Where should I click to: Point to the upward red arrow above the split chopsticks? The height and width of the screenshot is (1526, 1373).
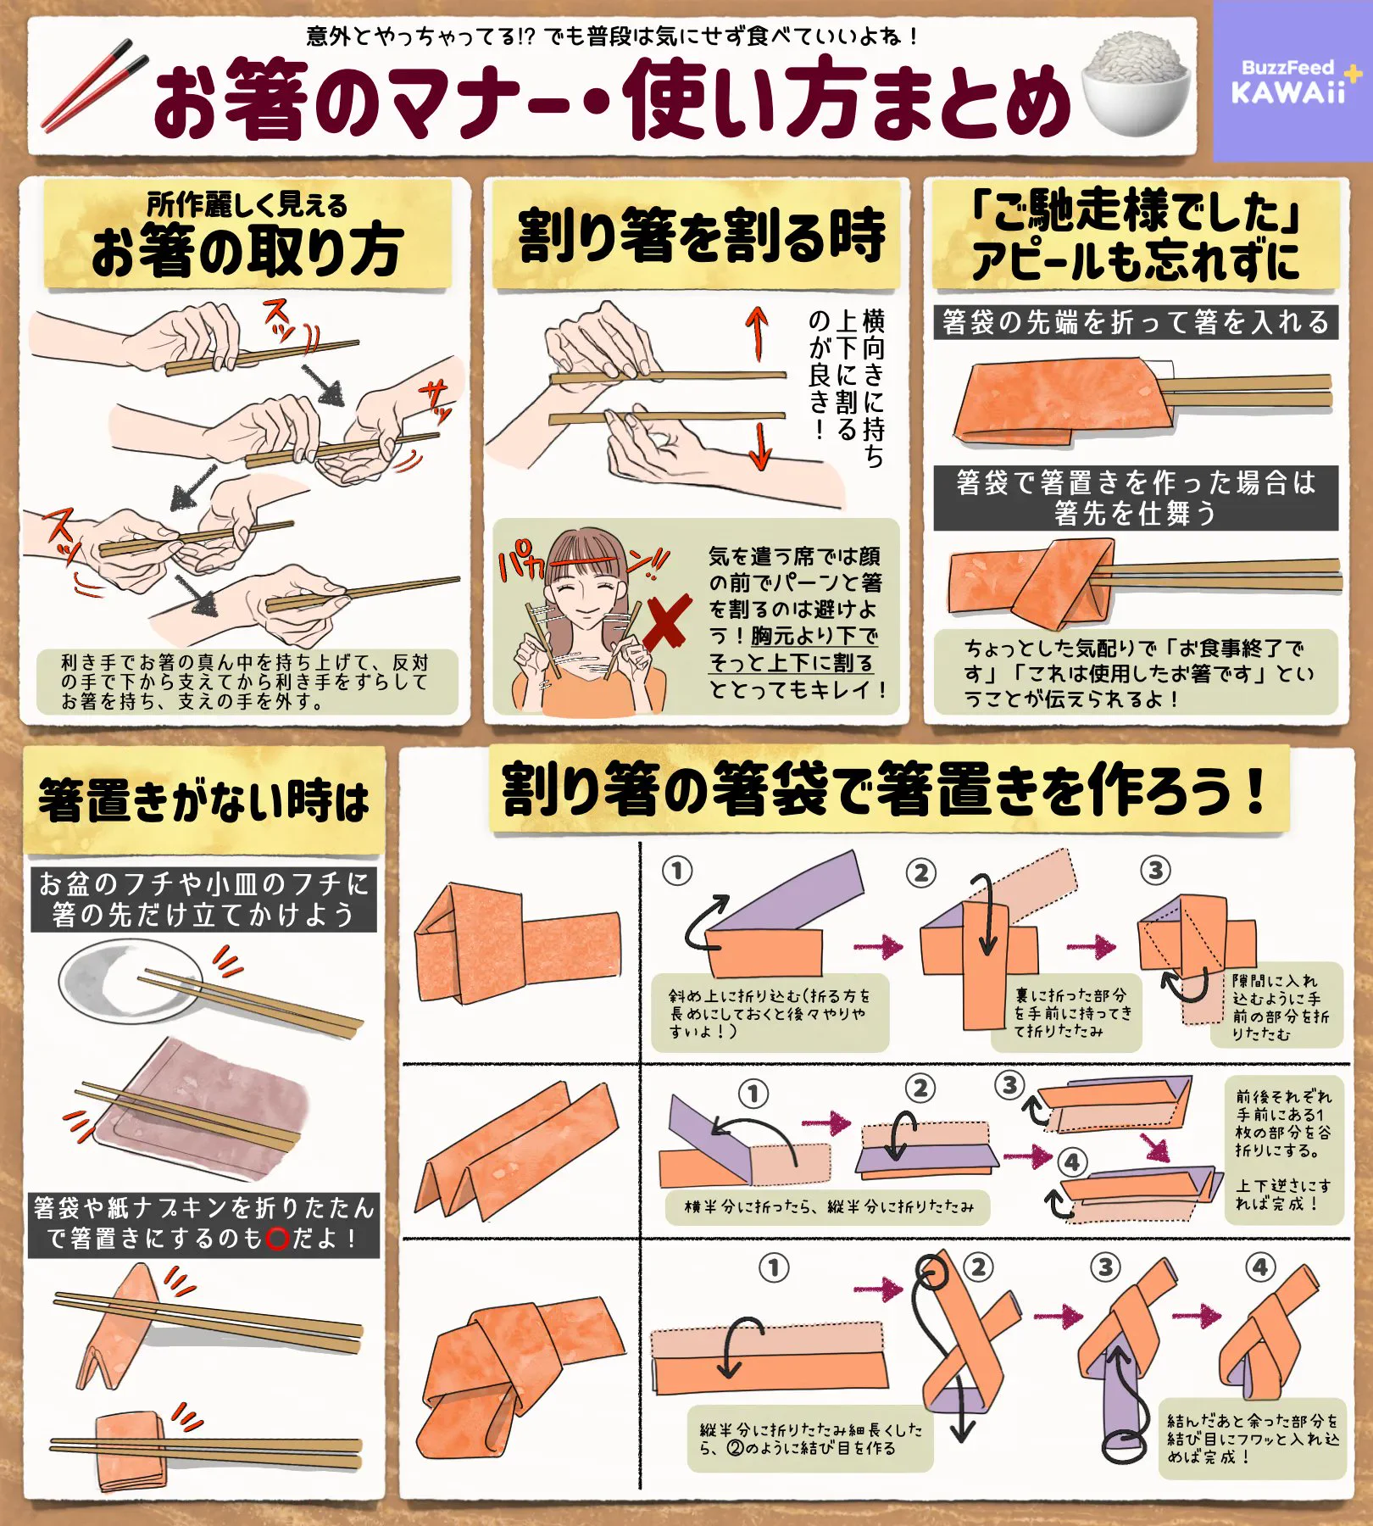[x=757, y=335]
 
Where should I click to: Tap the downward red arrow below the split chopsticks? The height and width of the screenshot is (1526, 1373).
[x=760, y=444]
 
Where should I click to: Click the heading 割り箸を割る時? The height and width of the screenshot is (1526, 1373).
[x=702, y=235]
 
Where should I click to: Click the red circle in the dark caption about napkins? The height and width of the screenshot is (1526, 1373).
[x=278, y=1239]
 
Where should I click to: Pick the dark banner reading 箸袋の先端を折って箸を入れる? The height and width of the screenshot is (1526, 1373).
[x=1136, y=322]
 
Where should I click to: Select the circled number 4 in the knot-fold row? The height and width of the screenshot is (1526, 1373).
[x=1260, y=1267]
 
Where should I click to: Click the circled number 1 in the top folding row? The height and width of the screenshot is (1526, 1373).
[x=677, y=871]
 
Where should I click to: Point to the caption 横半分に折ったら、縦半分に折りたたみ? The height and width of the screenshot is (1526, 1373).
[x=828, y=1206]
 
